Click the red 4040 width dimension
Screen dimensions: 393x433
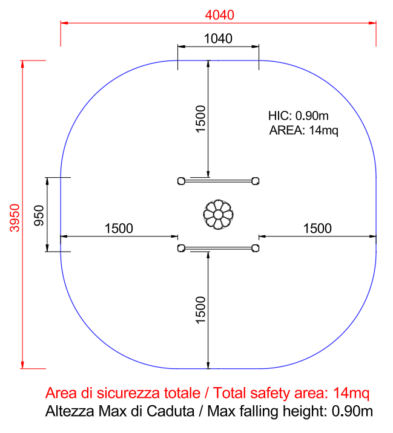click(220, 15)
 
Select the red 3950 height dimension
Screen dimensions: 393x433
click(15, 218)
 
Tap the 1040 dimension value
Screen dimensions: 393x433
click(218, 39)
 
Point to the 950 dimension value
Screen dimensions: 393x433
click(39, 215)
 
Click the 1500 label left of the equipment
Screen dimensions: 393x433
click(119, 229)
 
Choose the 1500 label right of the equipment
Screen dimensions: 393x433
click(317, 229)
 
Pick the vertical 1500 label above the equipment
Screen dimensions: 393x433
click(200, 119)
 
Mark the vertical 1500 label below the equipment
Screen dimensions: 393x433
click(200, 310)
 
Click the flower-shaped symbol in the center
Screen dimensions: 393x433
click(218, 215)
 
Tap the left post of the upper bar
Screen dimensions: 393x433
click(181, 181)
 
